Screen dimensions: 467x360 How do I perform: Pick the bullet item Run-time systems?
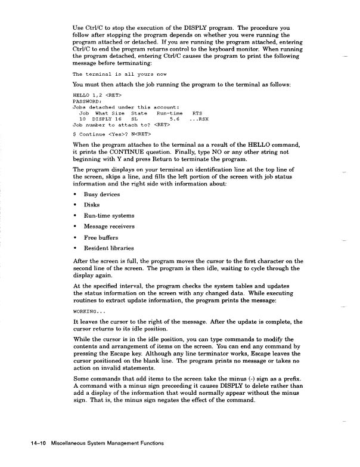pyautogui.click(x=109, y=215)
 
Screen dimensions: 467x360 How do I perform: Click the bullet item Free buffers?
pyautogui.click(x=102, y=237)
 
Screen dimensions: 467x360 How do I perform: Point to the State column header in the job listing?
pyautogui.click(x=138, y=113)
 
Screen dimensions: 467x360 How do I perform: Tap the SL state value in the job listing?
pyautogui.click(x=134, y=119)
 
